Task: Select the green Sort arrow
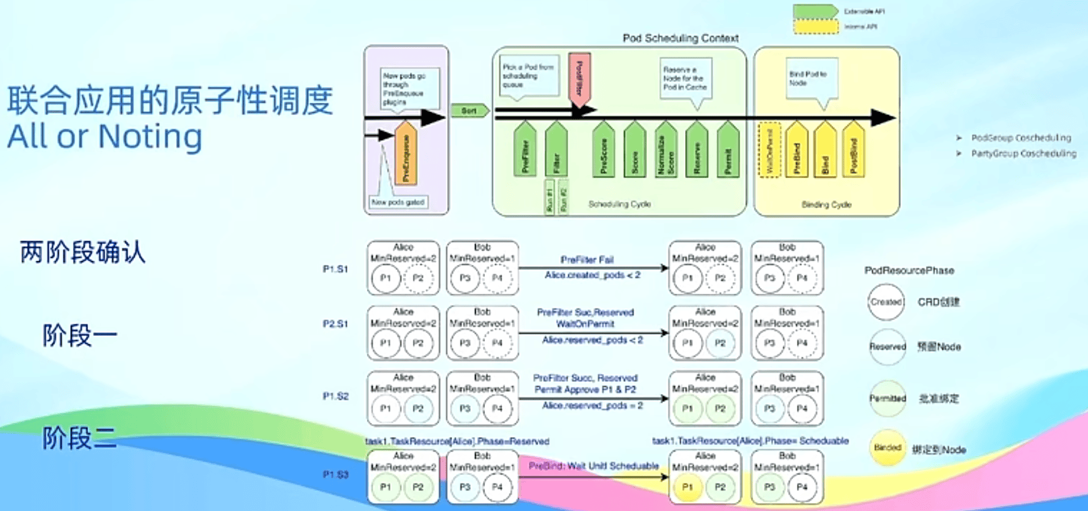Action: tap(470, 111)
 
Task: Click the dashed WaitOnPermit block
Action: tap(769, 151)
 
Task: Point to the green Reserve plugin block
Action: tap(697, 152)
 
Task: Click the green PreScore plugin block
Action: tap(604, 152)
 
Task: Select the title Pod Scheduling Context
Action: tap(680, 38)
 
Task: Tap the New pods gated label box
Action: tap(398, 202)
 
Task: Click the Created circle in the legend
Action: tap(886, 302)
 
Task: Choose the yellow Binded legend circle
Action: tap(887, 448)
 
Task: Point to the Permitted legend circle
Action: tap(887, 398)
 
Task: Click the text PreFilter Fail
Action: tap(587, 259)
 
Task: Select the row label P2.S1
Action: tap(335, 324)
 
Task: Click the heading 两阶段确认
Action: tap(83, 252)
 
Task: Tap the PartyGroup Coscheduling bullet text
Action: tap(1024, 154)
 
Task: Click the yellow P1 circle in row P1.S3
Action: tap(687, 487)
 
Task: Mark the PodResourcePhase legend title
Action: tap(909, 270)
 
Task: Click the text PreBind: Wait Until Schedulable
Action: tap(593, 466)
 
